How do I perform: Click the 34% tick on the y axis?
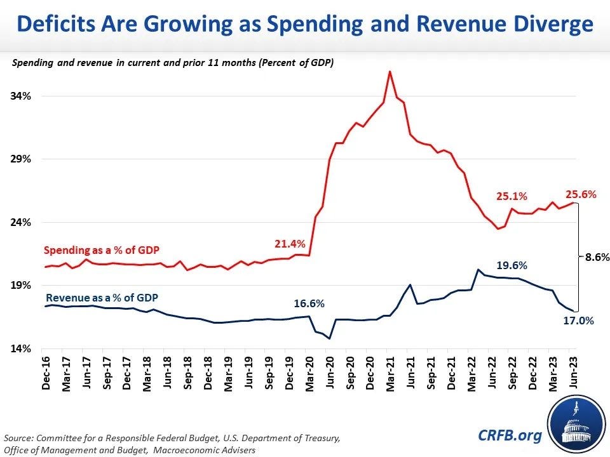[21, 96]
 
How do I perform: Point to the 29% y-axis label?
[21, 159]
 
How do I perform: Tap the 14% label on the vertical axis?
[21, 348]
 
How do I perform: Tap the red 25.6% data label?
[581, 194]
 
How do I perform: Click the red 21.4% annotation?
[290, 244]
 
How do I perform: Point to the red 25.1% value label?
[512, 196]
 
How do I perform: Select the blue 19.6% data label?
[512, 265]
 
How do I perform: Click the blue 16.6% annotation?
[309, 303]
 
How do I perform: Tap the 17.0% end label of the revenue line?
[578, 321]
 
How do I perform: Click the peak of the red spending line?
[390, 72]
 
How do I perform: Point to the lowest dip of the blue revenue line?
[329, 338]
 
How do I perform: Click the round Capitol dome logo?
[573, 427]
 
